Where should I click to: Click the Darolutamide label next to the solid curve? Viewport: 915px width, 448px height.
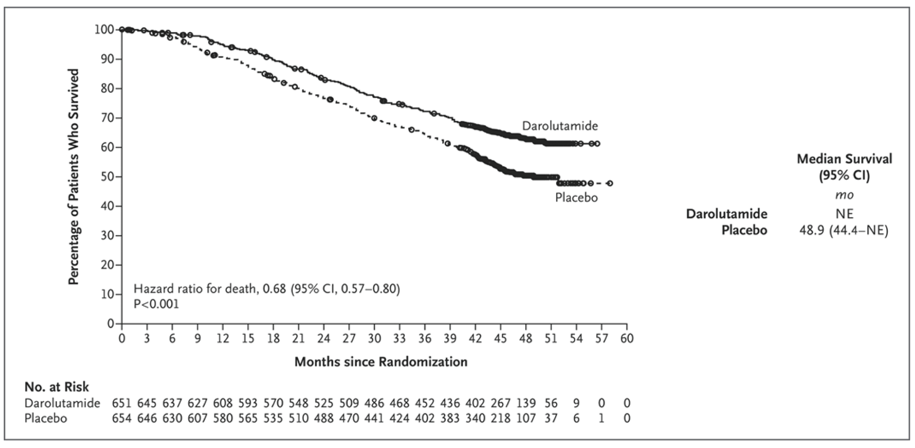click(560, 126)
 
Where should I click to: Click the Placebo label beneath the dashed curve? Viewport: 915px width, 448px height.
click(576, 197)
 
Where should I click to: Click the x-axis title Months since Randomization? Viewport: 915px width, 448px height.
click(381, 361)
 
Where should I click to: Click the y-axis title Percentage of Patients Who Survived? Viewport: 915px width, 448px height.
click(74, 177)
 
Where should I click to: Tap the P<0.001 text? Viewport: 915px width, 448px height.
click(156, 304)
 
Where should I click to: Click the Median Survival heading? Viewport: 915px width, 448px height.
click(844, 159)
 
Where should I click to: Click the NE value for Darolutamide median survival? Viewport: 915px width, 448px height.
click(844, 214)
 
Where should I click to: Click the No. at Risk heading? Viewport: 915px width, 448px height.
click(57, 387)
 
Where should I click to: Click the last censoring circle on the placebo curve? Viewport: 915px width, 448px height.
click(610, 183)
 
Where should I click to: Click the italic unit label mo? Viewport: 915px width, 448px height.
click(844, 195)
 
